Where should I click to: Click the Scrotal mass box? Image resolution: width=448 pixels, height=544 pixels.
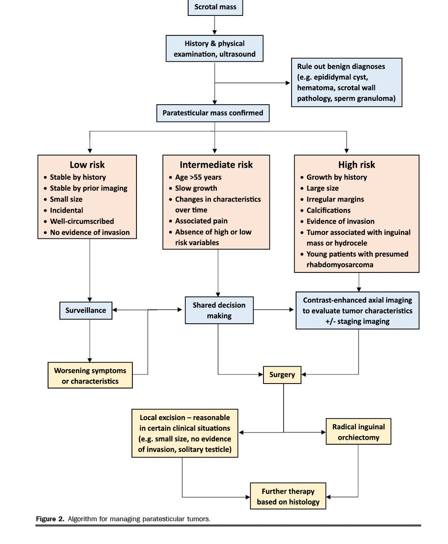tap(215, 7)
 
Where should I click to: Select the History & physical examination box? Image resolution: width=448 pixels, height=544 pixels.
tap(214, 49)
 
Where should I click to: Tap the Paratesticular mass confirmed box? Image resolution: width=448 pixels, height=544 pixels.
tap(213, 113)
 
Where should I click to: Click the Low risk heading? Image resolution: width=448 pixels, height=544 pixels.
tap(87, 165)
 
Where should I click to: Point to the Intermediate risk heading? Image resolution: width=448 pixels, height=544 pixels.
tap(216, 165)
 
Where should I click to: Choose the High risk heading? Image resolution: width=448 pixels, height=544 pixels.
tap(356, 165)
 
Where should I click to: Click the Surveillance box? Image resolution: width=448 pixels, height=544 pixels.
tap(86, 311)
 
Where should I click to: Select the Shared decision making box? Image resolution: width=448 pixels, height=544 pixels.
tap(219, 311)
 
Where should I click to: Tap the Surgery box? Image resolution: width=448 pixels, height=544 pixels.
tap(282, 374)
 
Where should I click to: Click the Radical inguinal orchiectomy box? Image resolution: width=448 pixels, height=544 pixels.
tap(358, 432)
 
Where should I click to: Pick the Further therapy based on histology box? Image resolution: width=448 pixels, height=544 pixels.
tap(288, 496)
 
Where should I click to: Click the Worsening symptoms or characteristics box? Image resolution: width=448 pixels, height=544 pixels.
tap(90, 375)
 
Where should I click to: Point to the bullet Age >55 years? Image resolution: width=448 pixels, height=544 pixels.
tap(198, 177)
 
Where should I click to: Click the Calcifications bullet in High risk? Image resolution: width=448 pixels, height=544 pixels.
tap(328, 210)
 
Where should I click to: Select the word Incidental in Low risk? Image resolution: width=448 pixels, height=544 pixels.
tap(66, 210)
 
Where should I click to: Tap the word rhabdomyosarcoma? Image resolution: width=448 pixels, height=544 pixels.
tap(340, 265)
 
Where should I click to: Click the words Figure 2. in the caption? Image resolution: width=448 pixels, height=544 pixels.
tap(50, 519)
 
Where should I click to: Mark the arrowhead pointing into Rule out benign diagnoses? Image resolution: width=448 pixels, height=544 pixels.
tap(287, 83)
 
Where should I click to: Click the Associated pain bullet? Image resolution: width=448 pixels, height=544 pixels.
tap(201, 221)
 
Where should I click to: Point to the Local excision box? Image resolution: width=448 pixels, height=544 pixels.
tap(185, 433)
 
